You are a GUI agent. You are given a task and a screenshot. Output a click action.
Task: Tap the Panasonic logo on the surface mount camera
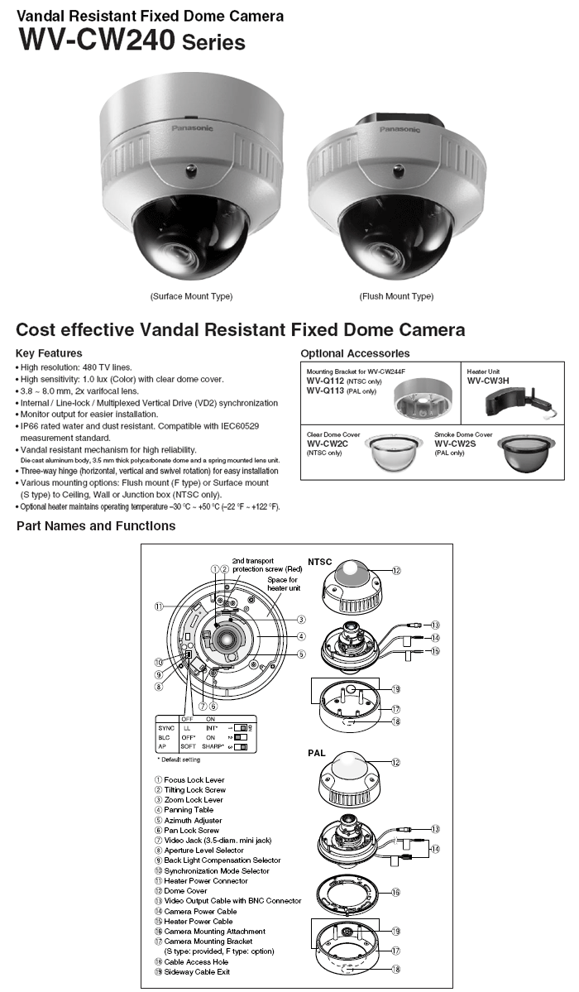pos(191,128)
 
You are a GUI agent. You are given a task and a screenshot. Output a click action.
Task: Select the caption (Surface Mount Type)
pos(191,296)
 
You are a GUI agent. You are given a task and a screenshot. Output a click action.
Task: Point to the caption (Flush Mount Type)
pos(396,296)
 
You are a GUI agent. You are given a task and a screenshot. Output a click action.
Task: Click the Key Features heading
pos(49,353)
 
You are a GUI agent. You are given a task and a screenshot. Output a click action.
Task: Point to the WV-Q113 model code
pos(324,391)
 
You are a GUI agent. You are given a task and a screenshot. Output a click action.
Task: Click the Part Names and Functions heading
pos(96,526)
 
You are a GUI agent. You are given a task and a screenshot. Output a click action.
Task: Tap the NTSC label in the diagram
pos(320,560)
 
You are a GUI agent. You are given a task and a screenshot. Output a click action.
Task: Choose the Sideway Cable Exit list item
pos(195,971)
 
